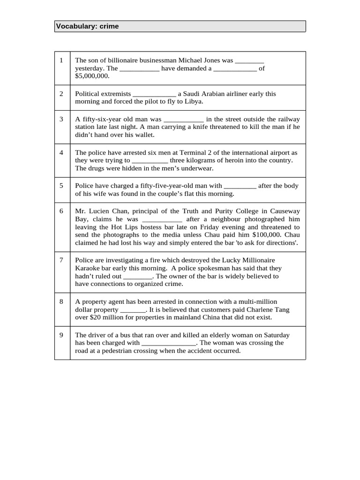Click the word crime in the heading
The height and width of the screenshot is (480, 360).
pyautogui.click(x=109, y=26)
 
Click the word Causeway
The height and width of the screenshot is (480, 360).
pyautogui.click(x=284, y=211)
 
